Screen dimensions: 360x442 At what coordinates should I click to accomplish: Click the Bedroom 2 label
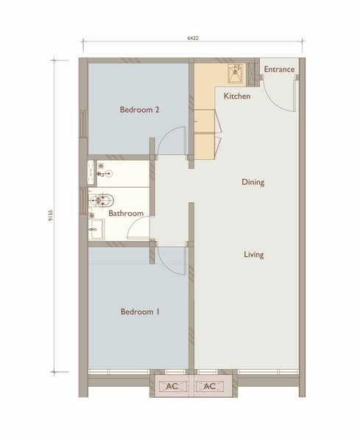pyautogui.click(x=139, y=109)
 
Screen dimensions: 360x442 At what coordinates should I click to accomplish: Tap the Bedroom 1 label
pyautogui.click(x=140, y=312)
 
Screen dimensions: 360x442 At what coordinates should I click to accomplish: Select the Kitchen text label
pyautogui.click(x=237, y=96)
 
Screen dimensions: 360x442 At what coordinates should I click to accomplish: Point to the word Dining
pyautogui.click(x=253, y=182)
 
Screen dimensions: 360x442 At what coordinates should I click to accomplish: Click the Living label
pyautogui.click(x=254, y=255)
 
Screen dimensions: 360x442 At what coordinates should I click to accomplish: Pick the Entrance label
pyautogui.click(x=279, y=69)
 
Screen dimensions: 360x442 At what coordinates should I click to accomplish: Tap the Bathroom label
pyautogui.click(x=126, y=214)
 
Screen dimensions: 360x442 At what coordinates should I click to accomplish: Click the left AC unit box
pyautogui.click(x=172, y=386)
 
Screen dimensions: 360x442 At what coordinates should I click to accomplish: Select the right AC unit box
pyautogui.click(x=210, y=386)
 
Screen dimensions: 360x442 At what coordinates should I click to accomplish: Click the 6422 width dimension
pyautogui.click(x=193, y=38)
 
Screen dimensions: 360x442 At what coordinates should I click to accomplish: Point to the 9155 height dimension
pyautogui.click(x=50, y=215)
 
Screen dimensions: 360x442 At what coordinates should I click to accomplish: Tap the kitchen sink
pyautogui.click(x=236, y=74)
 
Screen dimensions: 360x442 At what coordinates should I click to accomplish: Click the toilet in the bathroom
pyautogui.click(x=101, y=200)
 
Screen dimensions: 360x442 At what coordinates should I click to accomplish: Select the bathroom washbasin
pyautogui.click(x=96, y=229)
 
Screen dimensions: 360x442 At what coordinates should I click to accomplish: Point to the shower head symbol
pyautogui.click(x=109, y=174)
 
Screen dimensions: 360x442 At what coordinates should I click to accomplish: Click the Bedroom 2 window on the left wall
pyautogui.click(x=83, y=124)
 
